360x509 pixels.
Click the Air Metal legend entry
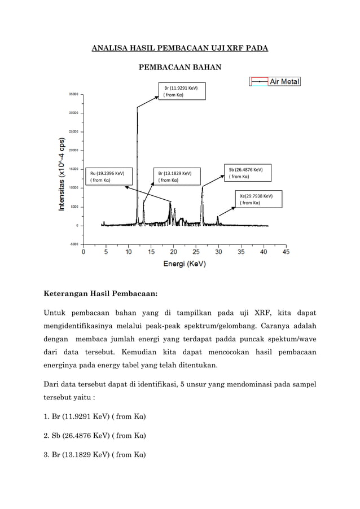point(275,82)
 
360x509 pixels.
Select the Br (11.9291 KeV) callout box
point(181,91)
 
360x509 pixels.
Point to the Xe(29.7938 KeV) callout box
point(257,199)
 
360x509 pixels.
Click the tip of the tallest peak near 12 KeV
point(137,108)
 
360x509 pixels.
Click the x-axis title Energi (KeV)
point(185,264)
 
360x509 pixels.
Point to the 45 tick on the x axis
point(286,252)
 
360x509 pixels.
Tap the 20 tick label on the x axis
point(173,252)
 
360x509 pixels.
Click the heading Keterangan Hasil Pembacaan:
point(100,293)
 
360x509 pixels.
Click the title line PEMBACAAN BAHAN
point(180,68)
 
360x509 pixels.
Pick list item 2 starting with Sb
point(95,436)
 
